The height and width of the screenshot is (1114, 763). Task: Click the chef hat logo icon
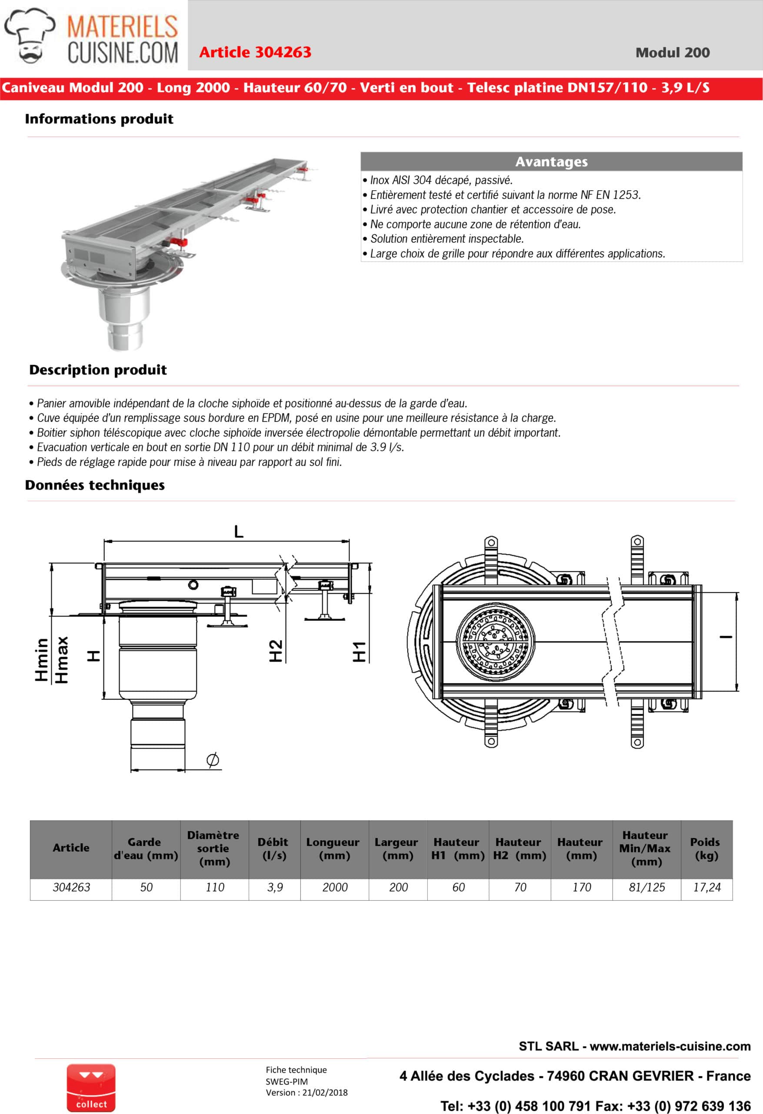pyautogui.click(x=30, y=36)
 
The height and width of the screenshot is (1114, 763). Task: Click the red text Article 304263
pyautogui.click(x=255, y=52)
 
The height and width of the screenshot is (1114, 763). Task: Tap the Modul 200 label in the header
pyautogui.click(x=672, y=52)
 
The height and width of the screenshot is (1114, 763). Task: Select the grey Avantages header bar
pyautogui.click(x=551, y=161)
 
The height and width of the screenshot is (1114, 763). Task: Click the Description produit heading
pyautogui.click(x=98, y=369)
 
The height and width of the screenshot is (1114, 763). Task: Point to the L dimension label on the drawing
pyautogui.click(x=239, y=531)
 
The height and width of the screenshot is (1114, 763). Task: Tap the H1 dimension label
pyautogui.click(x=359, y=651)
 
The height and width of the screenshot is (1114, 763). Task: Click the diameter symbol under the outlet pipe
pyautogui.click(x=212, y=759)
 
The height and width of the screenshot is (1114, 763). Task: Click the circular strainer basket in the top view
pyautogui.click(x=495, y=641)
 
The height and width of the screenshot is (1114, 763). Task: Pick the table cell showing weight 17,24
pyautogui.click(x=706, y=887)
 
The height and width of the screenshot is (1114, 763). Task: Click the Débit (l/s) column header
pyautogui.click(x=274, y=849)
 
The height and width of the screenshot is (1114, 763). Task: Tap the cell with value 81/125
pyautogui.click(x=646, y=887)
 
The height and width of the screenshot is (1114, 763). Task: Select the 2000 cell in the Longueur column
pyautogui.click(x=334, y=887)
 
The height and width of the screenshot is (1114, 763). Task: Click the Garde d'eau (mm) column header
pyautogui.click(x=146, y=849)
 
